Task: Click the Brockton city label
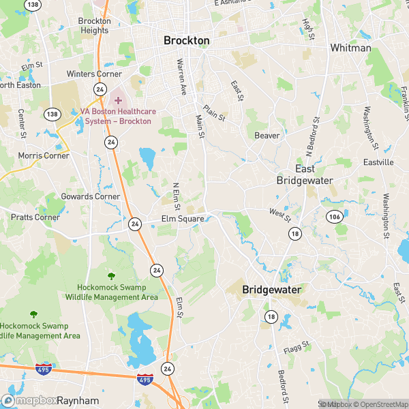(x=187, y=41)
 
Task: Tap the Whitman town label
(x=350, y=48)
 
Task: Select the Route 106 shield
(x=334, y=217)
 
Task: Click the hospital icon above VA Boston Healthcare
(x=118, y=100)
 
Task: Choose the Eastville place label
(x=378, y=162)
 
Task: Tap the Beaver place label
(x=267, y=136)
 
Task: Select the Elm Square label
(x=183, y=219)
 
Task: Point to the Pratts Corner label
(x=35, y=217)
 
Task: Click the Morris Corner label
(x=43, y=155)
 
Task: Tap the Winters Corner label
(x=94, y=74)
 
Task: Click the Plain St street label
(x=215, y=112)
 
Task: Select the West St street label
(x=279, y=215)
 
